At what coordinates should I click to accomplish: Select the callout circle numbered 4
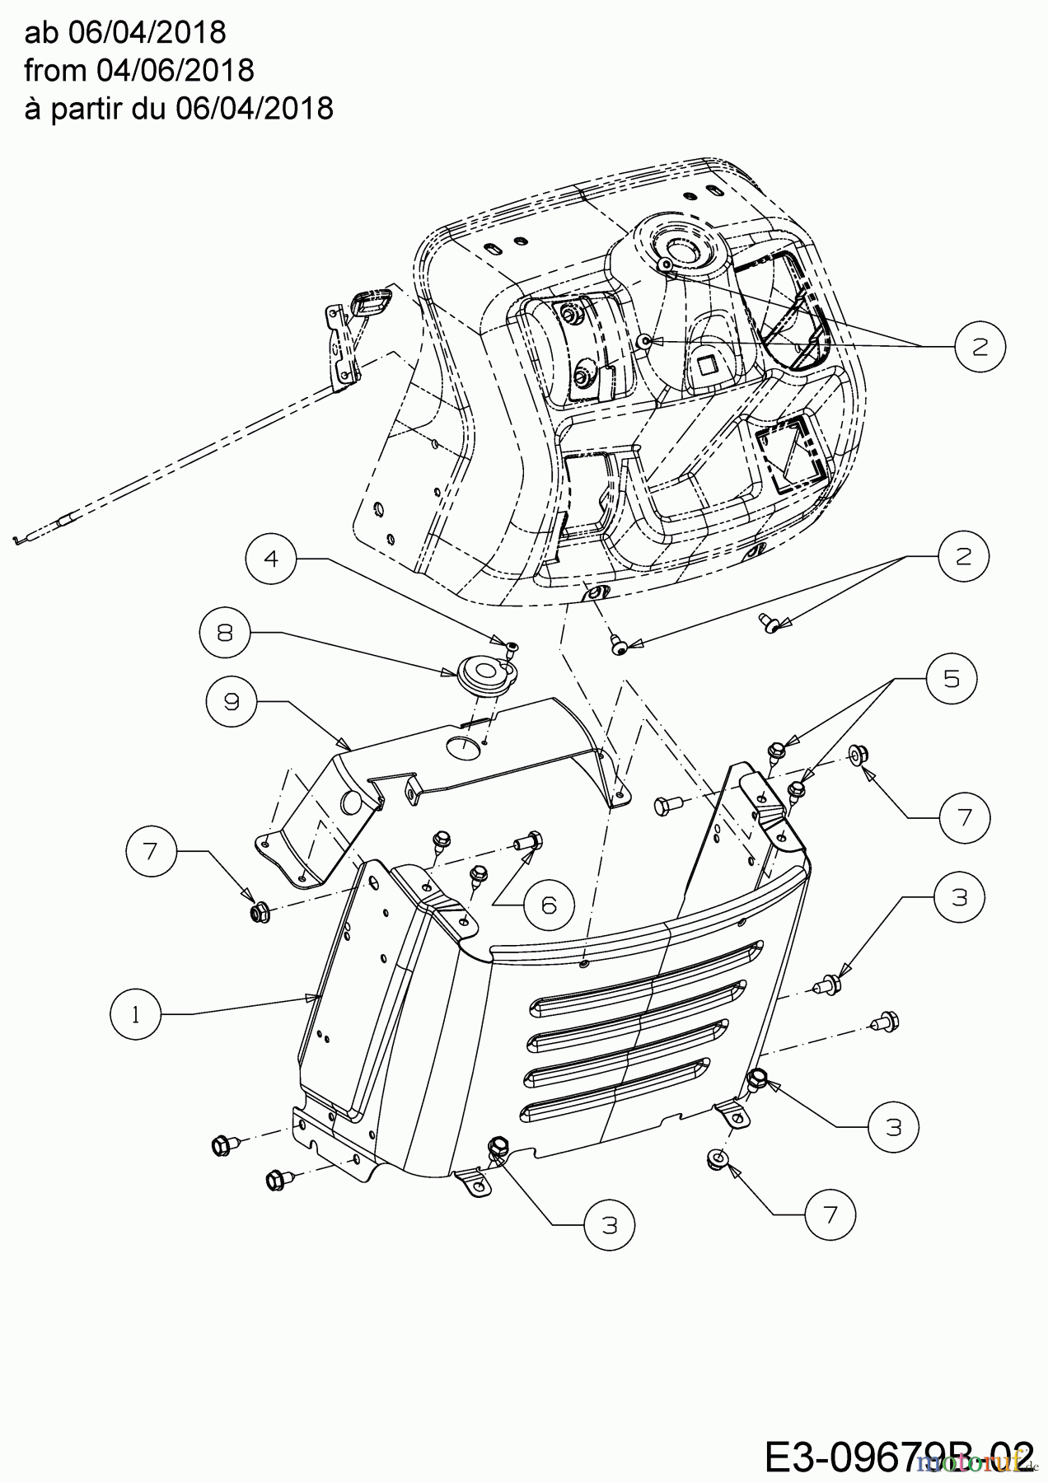click(x=270, y=559)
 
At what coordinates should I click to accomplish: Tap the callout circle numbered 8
click(x=224, y=632)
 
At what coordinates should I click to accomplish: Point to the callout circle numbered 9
click(x=232, y=701)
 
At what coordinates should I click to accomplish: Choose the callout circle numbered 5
click(x=952, y=679)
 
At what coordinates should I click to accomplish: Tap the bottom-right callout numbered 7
click(x=830, y=1215)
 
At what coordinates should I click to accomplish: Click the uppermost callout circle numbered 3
click(x=959, y=897)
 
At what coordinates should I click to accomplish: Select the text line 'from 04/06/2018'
click(x=139, y=70)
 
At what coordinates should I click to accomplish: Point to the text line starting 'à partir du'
click(x=179, y=108)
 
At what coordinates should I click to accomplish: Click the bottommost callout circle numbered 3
click(x=610, y=1225)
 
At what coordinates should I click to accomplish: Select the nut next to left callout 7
click(x=257, y=912)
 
